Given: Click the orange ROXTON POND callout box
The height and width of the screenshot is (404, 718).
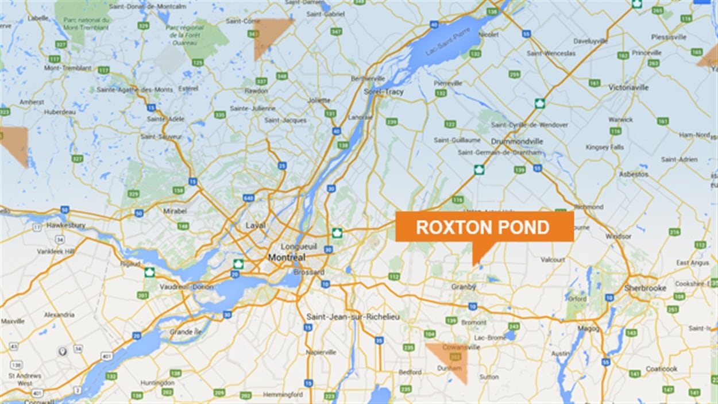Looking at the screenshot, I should pyautogui.click(x=484, y=227).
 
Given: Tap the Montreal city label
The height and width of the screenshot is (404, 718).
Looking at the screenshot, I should pyautogui.click(x=287, y=257).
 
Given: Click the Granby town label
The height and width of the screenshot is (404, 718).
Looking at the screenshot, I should pyautogui.click(x=463, y=287).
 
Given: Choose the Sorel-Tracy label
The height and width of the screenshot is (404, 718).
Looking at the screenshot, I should pyautogui.click(x=384, y=91).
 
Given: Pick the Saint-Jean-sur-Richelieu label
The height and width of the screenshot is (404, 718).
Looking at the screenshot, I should pyautogui.click(x=353, y=317).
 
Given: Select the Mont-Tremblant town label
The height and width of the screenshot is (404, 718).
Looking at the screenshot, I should pyautogui.click(x=68, y=68).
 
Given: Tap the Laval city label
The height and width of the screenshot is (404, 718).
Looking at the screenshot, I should pyautogui.click(x=256, y=225).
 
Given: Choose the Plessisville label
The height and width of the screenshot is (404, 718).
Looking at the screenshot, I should pyautogui.click(x=669, y=37).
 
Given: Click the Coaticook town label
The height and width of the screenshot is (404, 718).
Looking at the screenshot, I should pyautogui.click(x=661, y=369).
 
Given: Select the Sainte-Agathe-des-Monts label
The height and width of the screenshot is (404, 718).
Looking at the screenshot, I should pyautogui.click(x=134, y=90).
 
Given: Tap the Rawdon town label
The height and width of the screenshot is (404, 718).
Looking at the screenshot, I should pyautogui.click(x=256, y=91).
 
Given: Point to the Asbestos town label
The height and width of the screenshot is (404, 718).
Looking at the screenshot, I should pyautogui.click(x=634, y=174).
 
